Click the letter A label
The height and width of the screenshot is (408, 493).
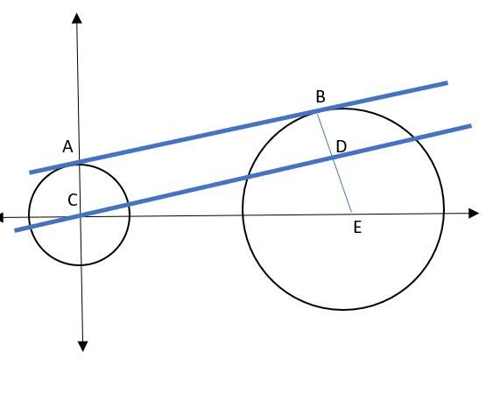[x=68, y=147]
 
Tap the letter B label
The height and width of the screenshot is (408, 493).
[x=320, y=96]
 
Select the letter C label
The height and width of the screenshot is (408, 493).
[x=73, y=200]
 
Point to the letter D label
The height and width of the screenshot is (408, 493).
[x=342, y=146]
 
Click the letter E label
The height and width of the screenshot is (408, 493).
[x=357, y=227]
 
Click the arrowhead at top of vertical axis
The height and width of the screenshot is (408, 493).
[x=77, y=18]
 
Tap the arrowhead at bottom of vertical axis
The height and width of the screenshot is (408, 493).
[x=82, y=346]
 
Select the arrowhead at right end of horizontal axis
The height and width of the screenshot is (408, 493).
[x=474, y=213]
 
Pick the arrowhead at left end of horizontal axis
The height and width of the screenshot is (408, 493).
[x=2, y=217]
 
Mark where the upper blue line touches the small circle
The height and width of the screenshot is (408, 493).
[x=79, y=163]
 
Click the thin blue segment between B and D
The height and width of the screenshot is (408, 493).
[x=325, y=135]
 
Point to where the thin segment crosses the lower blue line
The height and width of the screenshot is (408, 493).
[x=334, y=158]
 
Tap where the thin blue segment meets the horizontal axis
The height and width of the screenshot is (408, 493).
[x=351, y=212]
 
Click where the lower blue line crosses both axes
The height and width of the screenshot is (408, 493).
[x=81, y=215]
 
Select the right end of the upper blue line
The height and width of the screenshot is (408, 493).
[x=447, y=83]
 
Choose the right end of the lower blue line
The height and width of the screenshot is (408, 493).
[x=471, y=126]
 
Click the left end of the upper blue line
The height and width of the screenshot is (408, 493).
[x=30, y=172]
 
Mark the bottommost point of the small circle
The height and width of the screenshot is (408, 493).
[x=80, y=265]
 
